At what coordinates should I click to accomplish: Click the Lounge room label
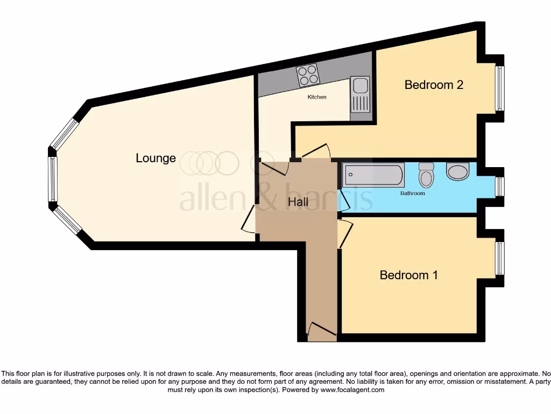[x=156, y=158]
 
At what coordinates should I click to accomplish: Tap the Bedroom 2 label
[x=434, y=85]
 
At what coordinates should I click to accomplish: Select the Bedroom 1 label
[x=408, y=275]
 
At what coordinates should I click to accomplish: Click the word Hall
[x=298, y=202]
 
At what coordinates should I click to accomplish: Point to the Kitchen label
[x=316, y=97]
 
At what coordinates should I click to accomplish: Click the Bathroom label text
[x=412, y=193]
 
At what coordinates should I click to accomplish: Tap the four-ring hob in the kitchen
[x=307, y=75]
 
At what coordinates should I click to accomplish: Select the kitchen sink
[x=359, y=94]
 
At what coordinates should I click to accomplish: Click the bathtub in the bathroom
[x=373, y=175]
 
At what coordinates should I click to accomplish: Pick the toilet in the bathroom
[x=427, y=175]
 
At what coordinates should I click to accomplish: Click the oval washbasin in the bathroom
[x=458, y=171]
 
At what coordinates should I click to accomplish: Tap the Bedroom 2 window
[x=500, y=88]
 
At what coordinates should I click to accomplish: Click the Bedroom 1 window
[x=500, y=258]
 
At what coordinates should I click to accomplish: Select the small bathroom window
[x=500, y=187]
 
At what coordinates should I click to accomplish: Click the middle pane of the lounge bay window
[x=53, y=179]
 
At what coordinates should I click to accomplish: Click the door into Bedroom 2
[x=316, y=150]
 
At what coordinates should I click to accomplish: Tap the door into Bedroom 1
[x=345, y=233]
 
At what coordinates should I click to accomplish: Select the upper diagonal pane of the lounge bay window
[x=65, y=133]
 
